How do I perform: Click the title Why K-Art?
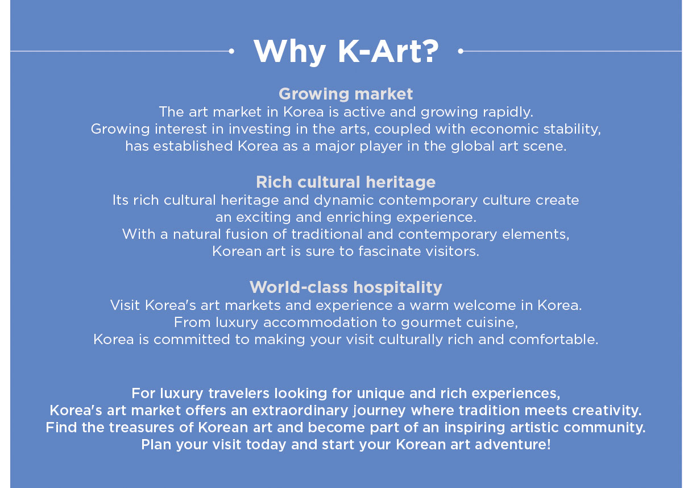pos(346,52)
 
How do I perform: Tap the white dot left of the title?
pos(231,51)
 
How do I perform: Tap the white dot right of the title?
pos(461,51)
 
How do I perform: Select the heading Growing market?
pos(346,94)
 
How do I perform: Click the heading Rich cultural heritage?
pos(346,182)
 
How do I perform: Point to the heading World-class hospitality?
pos(346,287)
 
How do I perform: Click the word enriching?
pos(359,218)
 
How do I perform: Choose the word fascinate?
pos(389,251)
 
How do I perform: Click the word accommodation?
pos(320,322)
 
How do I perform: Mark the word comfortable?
pos(553,340)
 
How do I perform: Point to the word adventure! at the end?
pos(512,445)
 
